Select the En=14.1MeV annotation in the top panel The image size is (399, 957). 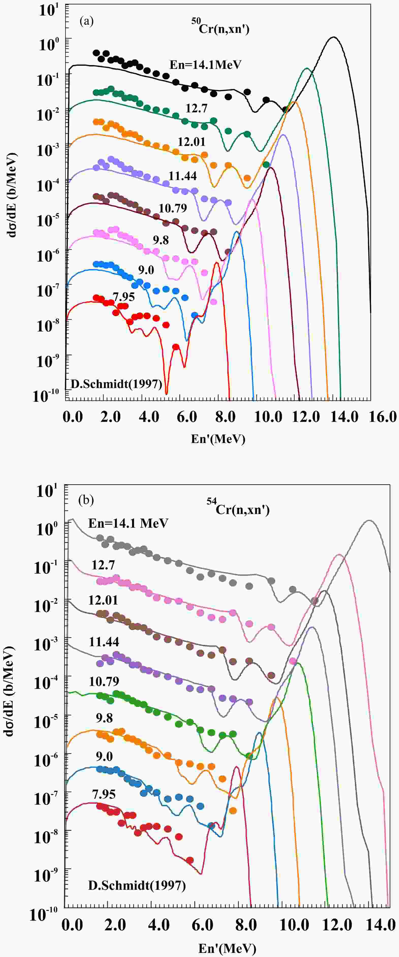pyautogui.click(x=205, y=65)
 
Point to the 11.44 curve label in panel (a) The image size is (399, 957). pyautogui.click(x=182, y=175)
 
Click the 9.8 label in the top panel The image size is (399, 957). pyautogui.click(x=161, y=240)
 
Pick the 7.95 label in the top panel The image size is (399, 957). pyautogui.click(x=123, y=297)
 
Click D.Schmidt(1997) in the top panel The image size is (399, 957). pyautogui.click(x=116, y=384)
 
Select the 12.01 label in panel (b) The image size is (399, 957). pyautogui.click(x=103, y=600)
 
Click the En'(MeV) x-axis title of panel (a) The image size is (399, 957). pyautogui.click(x=218, y=439)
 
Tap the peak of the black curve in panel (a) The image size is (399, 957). pyautogui.click(x=333, y=37)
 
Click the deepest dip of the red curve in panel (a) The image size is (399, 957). pyautogui.click(x=166, y=393)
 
